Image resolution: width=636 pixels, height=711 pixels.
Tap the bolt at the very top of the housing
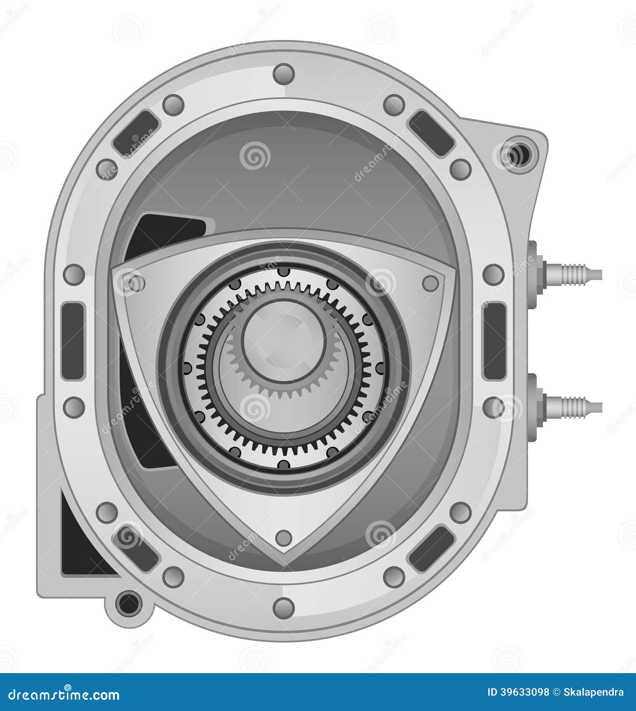click(x=283, y=74)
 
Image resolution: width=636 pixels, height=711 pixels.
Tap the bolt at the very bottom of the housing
click(x=283, y=607)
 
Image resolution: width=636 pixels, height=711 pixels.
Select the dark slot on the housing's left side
click(x=72, y=341)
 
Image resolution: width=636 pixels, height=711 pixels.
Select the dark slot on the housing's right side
click(x=494, y=341)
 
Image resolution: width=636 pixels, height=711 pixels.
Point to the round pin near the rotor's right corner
click(x=430, y=283)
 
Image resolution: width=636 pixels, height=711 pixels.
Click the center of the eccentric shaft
click(x=285, y=341)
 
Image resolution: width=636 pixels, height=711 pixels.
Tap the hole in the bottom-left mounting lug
click(x=128, y=604)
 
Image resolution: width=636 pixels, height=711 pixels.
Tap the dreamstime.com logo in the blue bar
click(x=63, y=695)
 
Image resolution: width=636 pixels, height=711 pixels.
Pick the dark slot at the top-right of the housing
click(x=431, y=133)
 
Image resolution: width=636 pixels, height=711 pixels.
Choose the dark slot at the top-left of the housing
click(x=136, y=133)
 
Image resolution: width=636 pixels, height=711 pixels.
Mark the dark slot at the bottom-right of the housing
click(x=431, y=549)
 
